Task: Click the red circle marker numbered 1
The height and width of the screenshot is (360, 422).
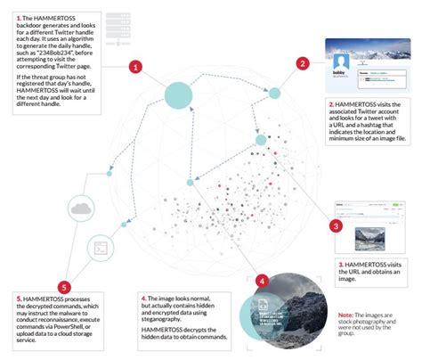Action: tap(134, 66)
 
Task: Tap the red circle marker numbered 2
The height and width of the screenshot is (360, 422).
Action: tap(304, 63)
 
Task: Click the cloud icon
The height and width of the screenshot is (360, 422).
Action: tap(81, 208)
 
